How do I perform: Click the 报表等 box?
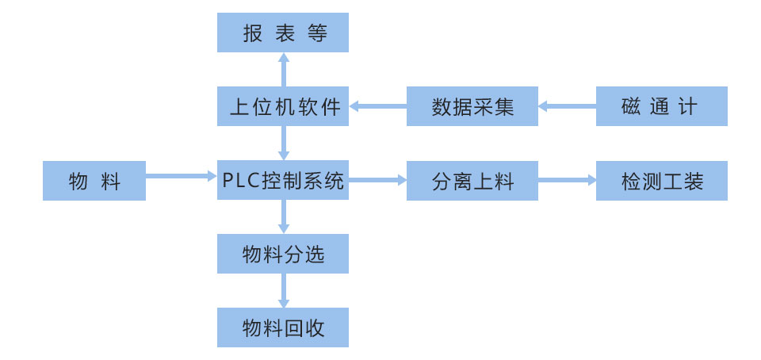283,33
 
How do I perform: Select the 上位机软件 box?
283,106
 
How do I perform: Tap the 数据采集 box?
472,106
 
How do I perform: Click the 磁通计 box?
661,106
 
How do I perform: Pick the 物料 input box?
94,181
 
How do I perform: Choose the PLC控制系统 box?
283,180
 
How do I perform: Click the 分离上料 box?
472,181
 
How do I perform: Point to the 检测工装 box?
661,181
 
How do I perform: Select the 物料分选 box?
283,254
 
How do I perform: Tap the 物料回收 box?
283,327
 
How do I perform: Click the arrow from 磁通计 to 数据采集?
568,106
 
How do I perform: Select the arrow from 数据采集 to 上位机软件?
378,106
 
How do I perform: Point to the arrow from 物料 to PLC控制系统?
182,176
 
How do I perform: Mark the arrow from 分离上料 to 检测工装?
568,181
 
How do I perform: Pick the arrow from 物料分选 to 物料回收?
283,291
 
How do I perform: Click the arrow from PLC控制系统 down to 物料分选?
283,217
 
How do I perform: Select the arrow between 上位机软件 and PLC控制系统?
283,144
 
